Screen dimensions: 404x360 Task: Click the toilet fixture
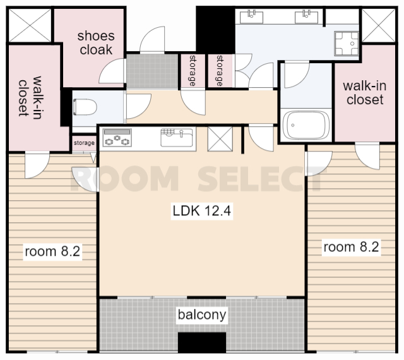point(85,107)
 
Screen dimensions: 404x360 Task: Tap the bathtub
point(306,125)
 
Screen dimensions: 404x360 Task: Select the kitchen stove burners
point(117,138)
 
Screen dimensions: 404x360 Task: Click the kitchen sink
point(177,137)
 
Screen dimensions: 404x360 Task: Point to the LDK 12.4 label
point(202,210)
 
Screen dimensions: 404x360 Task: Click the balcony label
point(202,315)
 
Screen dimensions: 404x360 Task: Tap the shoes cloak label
point(96,43)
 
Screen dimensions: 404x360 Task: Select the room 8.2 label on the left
point(52,251)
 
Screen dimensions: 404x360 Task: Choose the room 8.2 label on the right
point(351,247)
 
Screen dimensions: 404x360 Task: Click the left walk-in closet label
point(30,97)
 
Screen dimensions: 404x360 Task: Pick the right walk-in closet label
point(365,93)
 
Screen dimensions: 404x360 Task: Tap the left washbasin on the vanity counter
point(251,17)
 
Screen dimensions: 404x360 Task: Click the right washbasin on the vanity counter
point(306,17)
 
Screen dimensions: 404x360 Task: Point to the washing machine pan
point(347,44)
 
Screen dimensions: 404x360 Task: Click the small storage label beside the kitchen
point(84,143)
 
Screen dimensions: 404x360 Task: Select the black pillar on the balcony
point(202,342)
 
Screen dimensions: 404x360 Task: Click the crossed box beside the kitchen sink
point(220,139)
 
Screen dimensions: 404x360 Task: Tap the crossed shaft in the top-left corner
point(30,25)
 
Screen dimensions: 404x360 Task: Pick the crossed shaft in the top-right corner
point(379,25)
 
